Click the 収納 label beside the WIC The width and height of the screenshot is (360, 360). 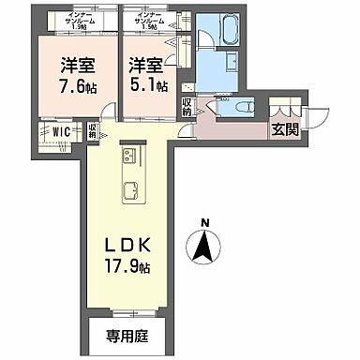click(x=94, y=132)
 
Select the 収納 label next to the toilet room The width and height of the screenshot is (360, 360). click(x=187, y=107)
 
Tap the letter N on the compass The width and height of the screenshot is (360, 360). click(x=204, y=223)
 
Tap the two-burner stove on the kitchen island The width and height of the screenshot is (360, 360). click(x=129, y=155)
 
